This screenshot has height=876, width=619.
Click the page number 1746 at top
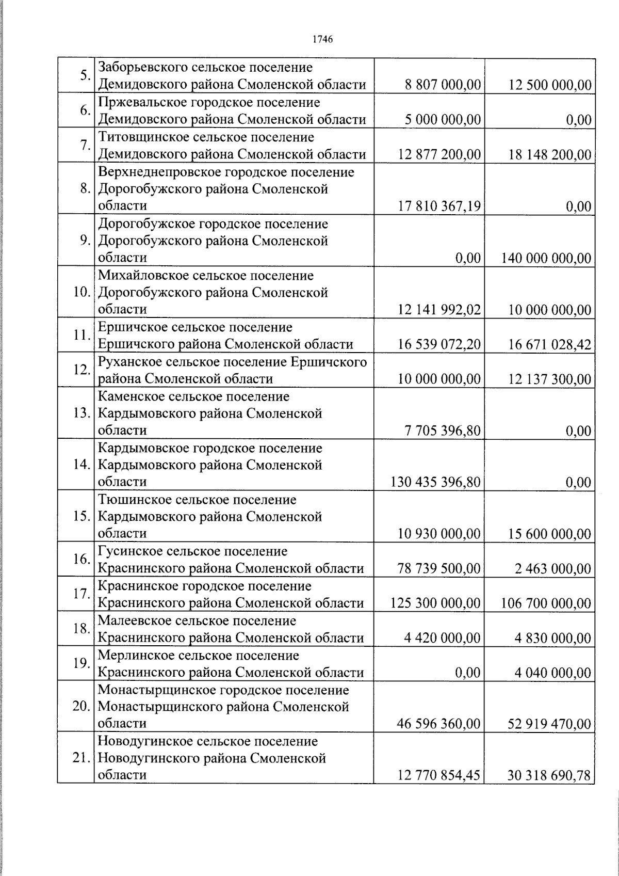click(x=322, y=39)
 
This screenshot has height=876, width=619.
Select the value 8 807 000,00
click(x=443, y=85)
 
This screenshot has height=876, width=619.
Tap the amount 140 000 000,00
click(x=546, y=258)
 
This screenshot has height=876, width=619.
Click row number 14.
click(x=82, y=464)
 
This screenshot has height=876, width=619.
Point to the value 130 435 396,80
click(x=436, y=482)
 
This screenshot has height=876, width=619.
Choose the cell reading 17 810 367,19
click(x=439, y=206)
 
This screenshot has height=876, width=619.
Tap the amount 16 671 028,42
click(x=550, y=344)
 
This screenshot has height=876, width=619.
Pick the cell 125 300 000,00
click(x=436, y=603)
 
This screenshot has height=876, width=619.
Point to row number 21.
click(x=82, y=758)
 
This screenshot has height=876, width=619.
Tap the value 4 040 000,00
click(x=553, y=673)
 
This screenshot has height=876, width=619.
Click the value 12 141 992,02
click(x=439, y=310)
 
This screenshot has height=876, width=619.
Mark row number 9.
click(x=85, y=240)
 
